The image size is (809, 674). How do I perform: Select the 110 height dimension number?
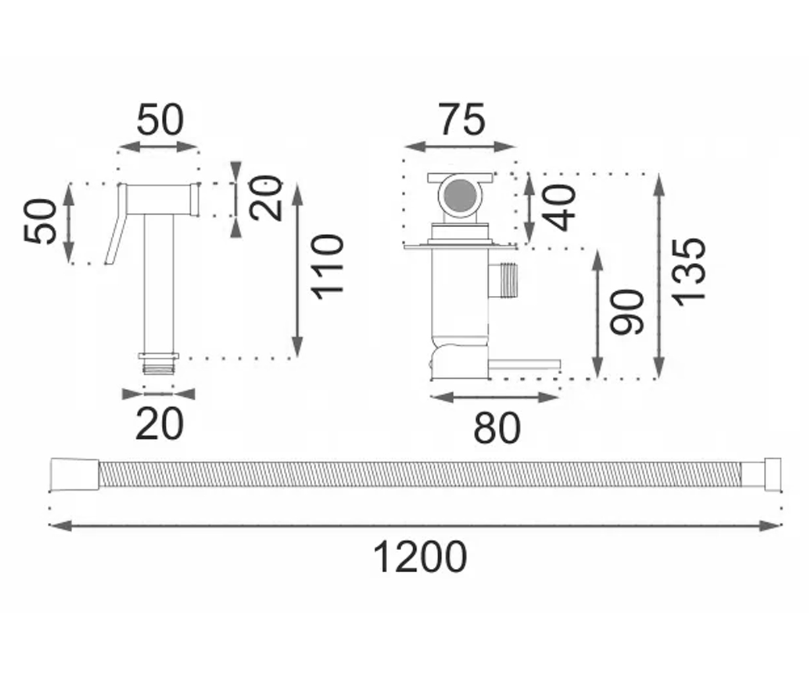pos(328,268)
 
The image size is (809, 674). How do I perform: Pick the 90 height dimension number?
pos(626,312)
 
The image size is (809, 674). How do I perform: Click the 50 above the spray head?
pos(160,119)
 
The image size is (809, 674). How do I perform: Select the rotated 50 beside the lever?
pos(40,222)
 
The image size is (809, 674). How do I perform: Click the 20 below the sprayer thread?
pos(159,425)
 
